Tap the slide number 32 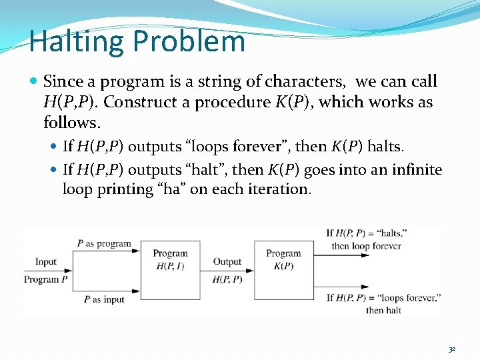tap(452, 349)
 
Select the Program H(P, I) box tap(170, 269)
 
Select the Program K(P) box tap(283, 269)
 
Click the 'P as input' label tap(104, 299)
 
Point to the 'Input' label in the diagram tap(46, 262)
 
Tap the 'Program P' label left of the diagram tap(46, 279)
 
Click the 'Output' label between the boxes tap(227, 262)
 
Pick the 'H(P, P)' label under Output tap(227, 279)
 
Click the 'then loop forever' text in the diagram tap(366, 245)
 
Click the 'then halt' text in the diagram tap(383, 310)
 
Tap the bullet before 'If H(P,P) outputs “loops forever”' tap(55, 146)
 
